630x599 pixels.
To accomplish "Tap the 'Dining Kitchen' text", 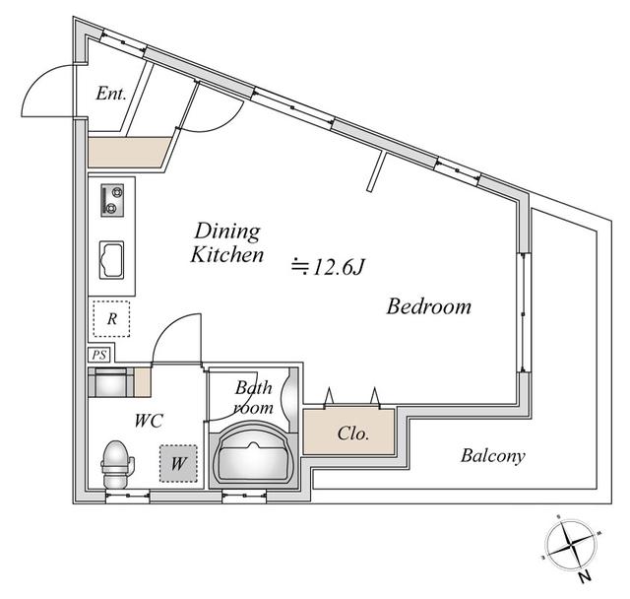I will (x=227, y=243).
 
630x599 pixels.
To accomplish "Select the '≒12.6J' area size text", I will (x=329, y=266).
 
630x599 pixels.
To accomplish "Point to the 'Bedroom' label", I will (x=428, y=306).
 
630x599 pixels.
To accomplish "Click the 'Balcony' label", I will (x=492, y=456).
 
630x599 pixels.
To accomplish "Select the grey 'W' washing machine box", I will (x=178, y=461).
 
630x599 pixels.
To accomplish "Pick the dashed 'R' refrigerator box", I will (x=112, y=318).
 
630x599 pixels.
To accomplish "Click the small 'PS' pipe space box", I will (x=99, y=355).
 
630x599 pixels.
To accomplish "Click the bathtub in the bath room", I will (x=253, y=454).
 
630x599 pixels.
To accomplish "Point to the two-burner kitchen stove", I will (x=111, y=202).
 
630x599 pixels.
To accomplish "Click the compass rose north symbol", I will (x=568, y=544).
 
